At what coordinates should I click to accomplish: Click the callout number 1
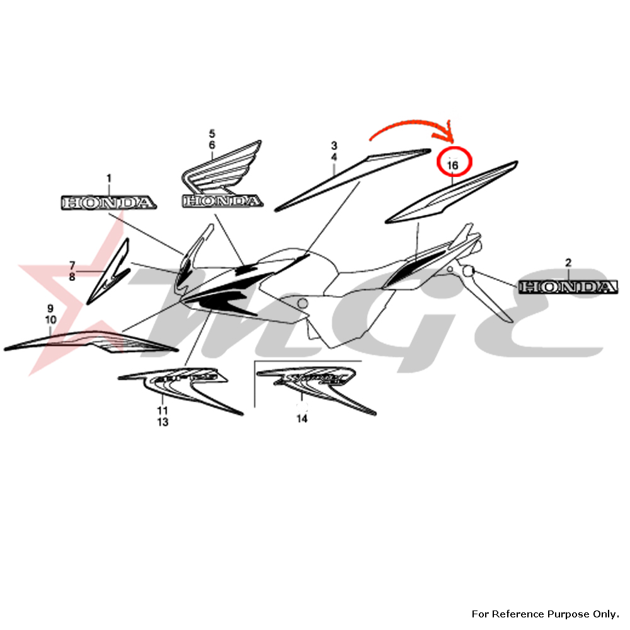pos(108,179)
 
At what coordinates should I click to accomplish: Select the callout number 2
pos(568,262)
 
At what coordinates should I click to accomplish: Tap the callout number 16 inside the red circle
pos(452,165)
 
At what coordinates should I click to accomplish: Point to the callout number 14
pos(302,418)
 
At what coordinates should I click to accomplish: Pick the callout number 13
pos(163,422)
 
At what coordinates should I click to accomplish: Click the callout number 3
pos(335,145)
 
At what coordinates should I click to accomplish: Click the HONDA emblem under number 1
pos(108,202)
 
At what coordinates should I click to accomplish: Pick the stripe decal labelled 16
pos(451,192)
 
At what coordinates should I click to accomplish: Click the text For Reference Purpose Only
pos(546,614)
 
